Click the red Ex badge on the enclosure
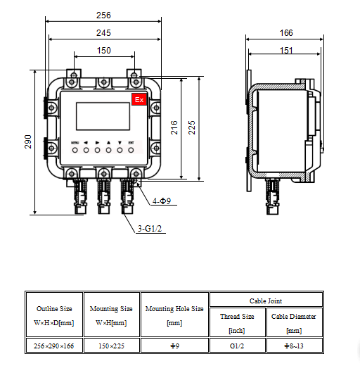pos(139,100)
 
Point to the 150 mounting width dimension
pos(103,50)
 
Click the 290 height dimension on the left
pos(29,141)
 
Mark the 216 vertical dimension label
pos(174,127)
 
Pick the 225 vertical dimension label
pos(192,127)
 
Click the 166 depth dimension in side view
pos(285,32)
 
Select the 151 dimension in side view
pos(285,50)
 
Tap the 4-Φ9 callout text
pos(162,201)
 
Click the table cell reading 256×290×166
pos(54,345)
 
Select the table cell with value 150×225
pos(111,345)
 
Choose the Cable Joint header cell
pos(266,300)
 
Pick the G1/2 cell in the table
pos(238,345)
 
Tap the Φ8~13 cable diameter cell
pos(294,345)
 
